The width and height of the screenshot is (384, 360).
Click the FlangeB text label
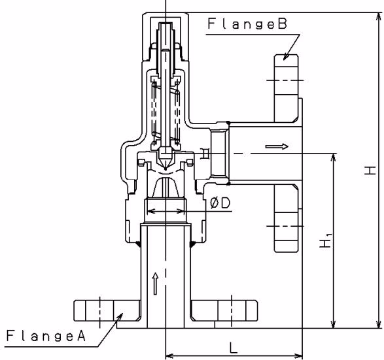[x=247, y=24]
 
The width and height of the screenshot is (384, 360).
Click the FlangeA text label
[x=46, y=335]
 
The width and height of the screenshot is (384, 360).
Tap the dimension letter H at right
[x=370, y=171]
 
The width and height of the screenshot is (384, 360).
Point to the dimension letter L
[x=234, y=348]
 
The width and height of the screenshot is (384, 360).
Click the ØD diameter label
[x=220, y=203]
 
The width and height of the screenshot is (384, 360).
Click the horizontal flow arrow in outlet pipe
[x=277, y=146]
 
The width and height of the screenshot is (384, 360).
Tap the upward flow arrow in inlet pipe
[x=155, y=283]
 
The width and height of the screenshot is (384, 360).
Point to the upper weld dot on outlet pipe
[x=228, y=122]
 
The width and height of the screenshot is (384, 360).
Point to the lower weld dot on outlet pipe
[x=228, y=184]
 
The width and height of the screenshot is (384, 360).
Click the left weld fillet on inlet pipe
[x=138, y=244]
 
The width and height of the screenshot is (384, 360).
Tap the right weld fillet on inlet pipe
[x=193, y=244]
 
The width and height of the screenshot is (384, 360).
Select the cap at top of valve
[x=166, y=37]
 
